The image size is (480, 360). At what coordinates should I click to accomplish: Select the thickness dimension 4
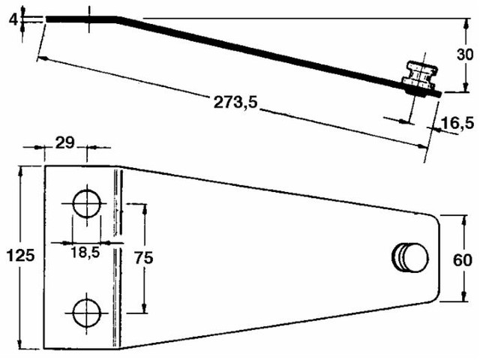[13, 19]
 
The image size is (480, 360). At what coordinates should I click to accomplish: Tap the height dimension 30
[464, 55]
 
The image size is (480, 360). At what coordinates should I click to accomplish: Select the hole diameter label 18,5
[85, 253]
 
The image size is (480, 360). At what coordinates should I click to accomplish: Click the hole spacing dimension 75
[142, 257]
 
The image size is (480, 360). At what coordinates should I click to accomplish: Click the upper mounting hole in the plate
[87, 202]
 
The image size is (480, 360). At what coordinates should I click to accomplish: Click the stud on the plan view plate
[409, 257]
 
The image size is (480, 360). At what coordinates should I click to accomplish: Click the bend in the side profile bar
[116, 19]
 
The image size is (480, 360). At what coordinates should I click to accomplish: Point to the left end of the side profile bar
[48, 19]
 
